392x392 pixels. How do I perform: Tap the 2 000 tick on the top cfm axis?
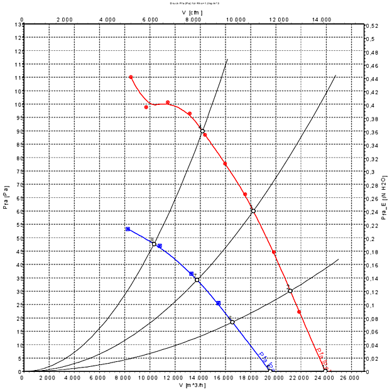65,19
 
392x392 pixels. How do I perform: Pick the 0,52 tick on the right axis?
373,25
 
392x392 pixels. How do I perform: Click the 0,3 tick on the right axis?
372,171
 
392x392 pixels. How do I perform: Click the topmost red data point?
131,77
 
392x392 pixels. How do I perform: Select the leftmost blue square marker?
128,229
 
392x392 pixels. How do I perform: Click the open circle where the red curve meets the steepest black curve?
202,131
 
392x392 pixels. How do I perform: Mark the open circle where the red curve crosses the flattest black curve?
290,291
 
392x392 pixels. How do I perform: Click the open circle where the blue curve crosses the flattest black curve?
232,322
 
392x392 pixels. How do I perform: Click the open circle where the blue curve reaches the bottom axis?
269,371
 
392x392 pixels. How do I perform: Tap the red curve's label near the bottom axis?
322,358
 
